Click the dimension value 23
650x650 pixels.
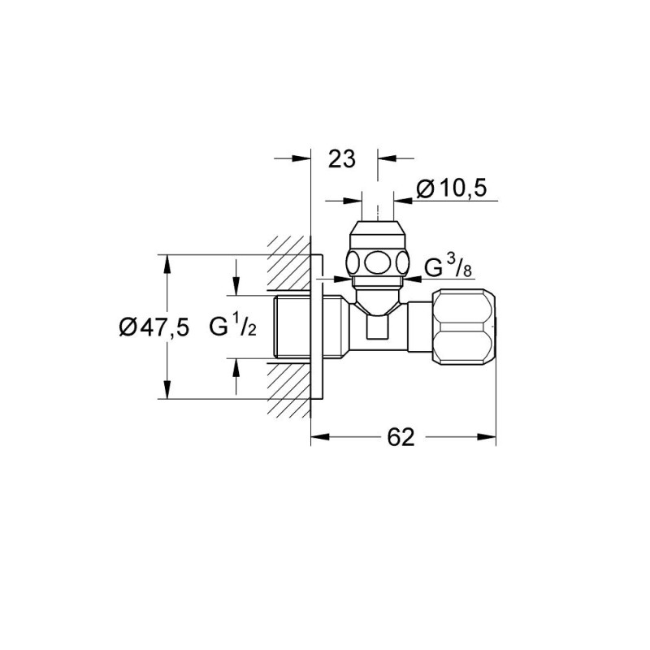343,159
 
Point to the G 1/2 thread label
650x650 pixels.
234,327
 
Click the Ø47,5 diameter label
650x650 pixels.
154,327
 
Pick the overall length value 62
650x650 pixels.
401,437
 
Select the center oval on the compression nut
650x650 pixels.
378,263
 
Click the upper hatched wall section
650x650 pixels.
288,265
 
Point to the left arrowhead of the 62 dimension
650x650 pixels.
318,437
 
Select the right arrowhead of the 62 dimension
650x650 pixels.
490,437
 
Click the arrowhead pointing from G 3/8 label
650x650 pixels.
410,279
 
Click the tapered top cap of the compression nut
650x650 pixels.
378,224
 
